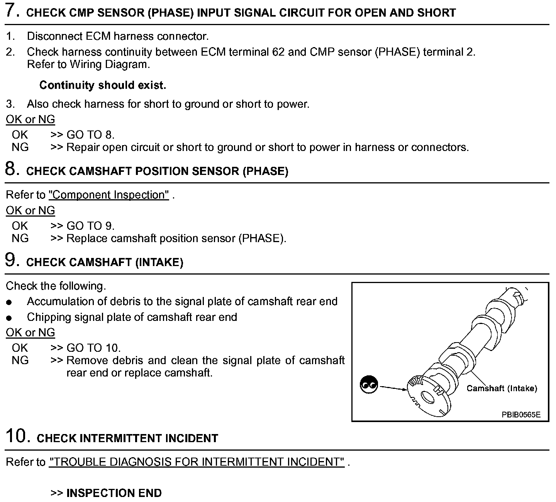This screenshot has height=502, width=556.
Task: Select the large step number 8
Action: [x=12, y=169]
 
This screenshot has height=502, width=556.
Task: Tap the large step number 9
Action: [x=12, y=260]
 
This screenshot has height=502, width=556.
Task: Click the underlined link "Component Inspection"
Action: [x=109, y=195]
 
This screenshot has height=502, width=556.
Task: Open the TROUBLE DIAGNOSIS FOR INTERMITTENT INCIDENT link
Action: [x=197, y=462]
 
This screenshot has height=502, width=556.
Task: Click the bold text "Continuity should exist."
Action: [x=103, y=85]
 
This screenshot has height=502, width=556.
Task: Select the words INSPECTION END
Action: [x=114, y=493]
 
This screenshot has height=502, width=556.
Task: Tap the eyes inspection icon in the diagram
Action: [x=368, y=385]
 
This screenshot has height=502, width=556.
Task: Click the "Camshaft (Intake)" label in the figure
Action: [x=502, y=388]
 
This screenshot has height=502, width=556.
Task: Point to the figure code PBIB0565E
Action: [x=521, y=415]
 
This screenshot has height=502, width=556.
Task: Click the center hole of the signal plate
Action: [x=427, y=397]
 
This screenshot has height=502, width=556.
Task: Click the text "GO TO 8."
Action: [x=91, y=135]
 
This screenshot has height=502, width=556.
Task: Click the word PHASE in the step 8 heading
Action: [x=266, y=171]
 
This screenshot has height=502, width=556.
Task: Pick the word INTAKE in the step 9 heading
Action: [x=159, y=263]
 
